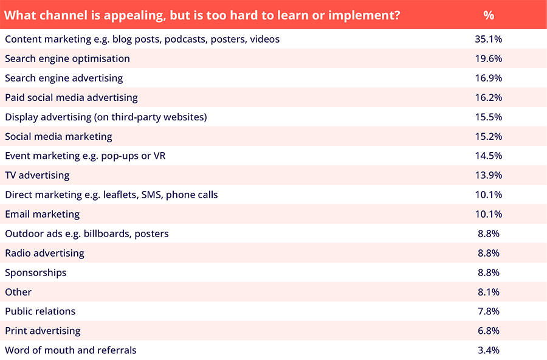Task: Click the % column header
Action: (x=489, y=15)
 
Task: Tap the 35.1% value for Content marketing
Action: (x=489, y=39)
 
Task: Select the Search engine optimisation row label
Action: (x=67, y=59)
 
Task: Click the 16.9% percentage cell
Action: (x=489, y=78)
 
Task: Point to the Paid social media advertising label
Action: (x=71, y=98)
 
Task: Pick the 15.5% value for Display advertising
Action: (x=489, y=117)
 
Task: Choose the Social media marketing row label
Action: (x=58, y=137)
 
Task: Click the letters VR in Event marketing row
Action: (x=159, y=156)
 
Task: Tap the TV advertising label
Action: (x=37, y=176)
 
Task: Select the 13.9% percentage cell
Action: (x=489, y=175)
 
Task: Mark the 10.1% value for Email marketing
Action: (x=489, y=214)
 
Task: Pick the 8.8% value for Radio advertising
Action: (x=489, y=253)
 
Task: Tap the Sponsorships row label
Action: (x=36, y=273)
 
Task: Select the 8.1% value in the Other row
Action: (x=489, y=292)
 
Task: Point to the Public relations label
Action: (x=40, y=311)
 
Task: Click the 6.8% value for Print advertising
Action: (x=489, y=331)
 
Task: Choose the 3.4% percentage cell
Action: (x=489, y=350)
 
